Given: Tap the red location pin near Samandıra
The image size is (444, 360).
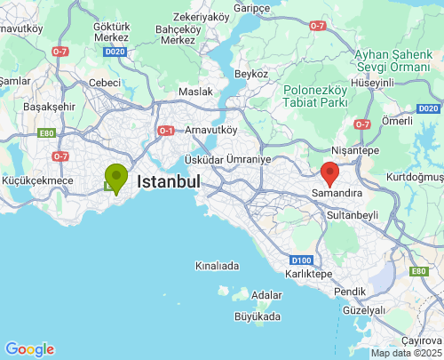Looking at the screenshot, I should [x=329, y=172].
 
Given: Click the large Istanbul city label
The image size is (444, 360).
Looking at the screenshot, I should [x=168, y=181].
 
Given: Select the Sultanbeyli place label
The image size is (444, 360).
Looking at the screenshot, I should [x=353, y=215].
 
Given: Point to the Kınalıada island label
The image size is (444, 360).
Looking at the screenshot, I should [x=218, y=266].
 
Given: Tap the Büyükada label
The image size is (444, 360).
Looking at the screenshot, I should [x=257, y=316].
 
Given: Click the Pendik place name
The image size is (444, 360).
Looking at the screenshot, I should [x=349, y=292].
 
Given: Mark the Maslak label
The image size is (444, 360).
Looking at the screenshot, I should [x=195, y=92].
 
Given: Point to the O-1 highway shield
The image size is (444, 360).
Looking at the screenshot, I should [x=166, y=131].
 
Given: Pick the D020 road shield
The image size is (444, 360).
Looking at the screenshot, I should [x=114, y=52].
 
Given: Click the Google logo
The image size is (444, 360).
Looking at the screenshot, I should [x=29, y=349].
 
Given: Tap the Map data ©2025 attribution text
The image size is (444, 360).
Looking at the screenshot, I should [x=405, y=353].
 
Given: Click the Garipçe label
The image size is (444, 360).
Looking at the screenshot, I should [x=251, y=7].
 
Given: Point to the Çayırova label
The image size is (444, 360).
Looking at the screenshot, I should [x=421, y=341].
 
